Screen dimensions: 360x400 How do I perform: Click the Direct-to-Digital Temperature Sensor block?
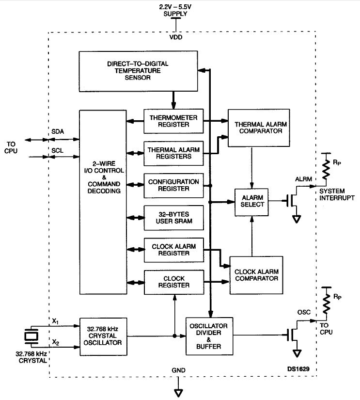(x=138, y=71)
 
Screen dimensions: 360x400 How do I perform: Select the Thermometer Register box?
(x=173, y=121)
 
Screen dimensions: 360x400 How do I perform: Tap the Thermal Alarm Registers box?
(x=173, y=153)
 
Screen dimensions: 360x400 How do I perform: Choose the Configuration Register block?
(x=173, y=186)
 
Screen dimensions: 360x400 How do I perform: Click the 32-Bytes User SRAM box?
(x=174, y=218)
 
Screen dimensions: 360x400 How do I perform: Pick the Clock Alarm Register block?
(x=174, y=250)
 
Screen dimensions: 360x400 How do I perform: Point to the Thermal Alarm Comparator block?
(x=259, y=128)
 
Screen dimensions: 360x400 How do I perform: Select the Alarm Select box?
(x=251, y=202)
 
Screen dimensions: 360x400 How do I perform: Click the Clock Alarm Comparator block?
(x=256, y=275)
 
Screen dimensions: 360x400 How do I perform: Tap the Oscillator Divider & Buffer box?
(x=209, y=336)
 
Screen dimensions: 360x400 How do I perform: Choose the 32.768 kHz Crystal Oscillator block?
(x=103, y=337)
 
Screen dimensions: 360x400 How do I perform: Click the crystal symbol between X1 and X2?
(x=31, y=336)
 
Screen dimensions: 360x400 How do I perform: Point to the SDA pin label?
(x=58, y=131)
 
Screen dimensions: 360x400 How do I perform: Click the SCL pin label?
(x=57, y=150)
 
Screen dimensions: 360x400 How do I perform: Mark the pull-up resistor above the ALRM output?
(x=326, y=168)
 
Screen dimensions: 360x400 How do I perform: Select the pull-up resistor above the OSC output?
(x=327, y=303)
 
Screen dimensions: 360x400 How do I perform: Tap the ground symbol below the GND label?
(x=178, y=393)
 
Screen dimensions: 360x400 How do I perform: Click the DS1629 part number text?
(x=298, y=369)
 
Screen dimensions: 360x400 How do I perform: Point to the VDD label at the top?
(x=176, y=37)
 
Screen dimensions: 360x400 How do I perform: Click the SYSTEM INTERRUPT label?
(x=337, y=194)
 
